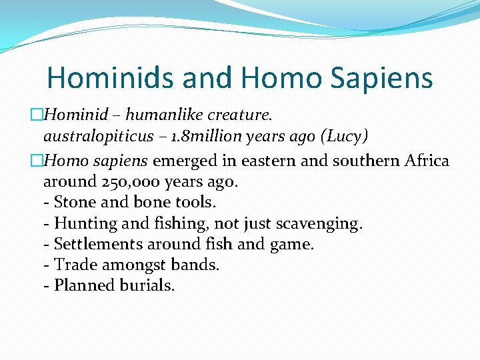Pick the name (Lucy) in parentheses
(x=344, y=137)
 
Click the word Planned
(x=85, y=285)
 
